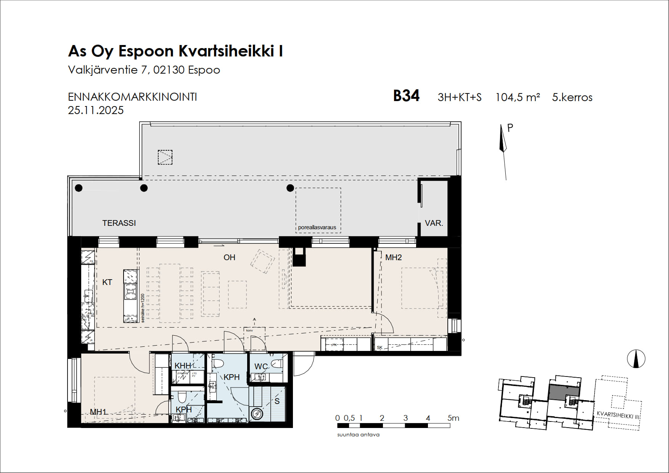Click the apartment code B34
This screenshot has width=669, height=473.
pyautogui.click(x=406, y=96)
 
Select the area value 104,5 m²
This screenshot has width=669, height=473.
pyautogui.click(x=517, y=97)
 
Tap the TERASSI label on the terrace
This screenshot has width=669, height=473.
pyautogui.click(x=119, y=223)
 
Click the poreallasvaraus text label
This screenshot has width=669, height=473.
pyautogui.click(x=317, y=227)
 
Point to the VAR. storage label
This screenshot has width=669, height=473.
pyautogui.click(x=434, y=223)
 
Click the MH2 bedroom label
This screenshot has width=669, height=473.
pyautogui.click(x=393, y=257)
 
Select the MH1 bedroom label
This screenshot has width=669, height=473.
pyautogui.click(x=98, y=412)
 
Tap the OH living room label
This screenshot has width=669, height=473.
pyautogui.click(x=229, y=257)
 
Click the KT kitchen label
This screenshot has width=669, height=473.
pyautogui.click(x=107, y=282)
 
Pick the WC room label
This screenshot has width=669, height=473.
pyautogui.click(x=261, y=367)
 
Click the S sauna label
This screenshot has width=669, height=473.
pyautogui.click(x=277, y=401)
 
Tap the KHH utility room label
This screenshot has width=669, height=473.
pyautogui.click(x=182, y=366)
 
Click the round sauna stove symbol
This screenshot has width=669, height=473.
pyautogui.click(x=257, y=413)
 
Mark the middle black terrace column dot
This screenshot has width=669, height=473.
pyautogui.click(x=144, y=188)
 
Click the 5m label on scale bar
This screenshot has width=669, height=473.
pyautogui.click(x=453, y=418)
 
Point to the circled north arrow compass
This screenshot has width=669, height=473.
pyautogui.click(x=636, y=359)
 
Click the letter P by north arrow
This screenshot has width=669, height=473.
pyautogui.click(x=510, y=128)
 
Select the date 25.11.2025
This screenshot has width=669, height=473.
pyautogui.click(x=96, y=110)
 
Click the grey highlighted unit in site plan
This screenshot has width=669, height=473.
pyautogui.click(x=564, y=392)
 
